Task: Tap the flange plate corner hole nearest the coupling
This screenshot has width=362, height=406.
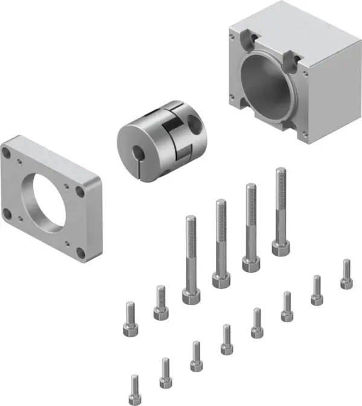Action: pos(80,192)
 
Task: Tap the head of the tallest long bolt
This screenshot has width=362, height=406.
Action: pos(280,247)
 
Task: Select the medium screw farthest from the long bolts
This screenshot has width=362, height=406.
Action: pos(130,320)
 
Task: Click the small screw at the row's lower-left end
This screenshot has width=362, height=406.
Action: pos(135,390)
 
